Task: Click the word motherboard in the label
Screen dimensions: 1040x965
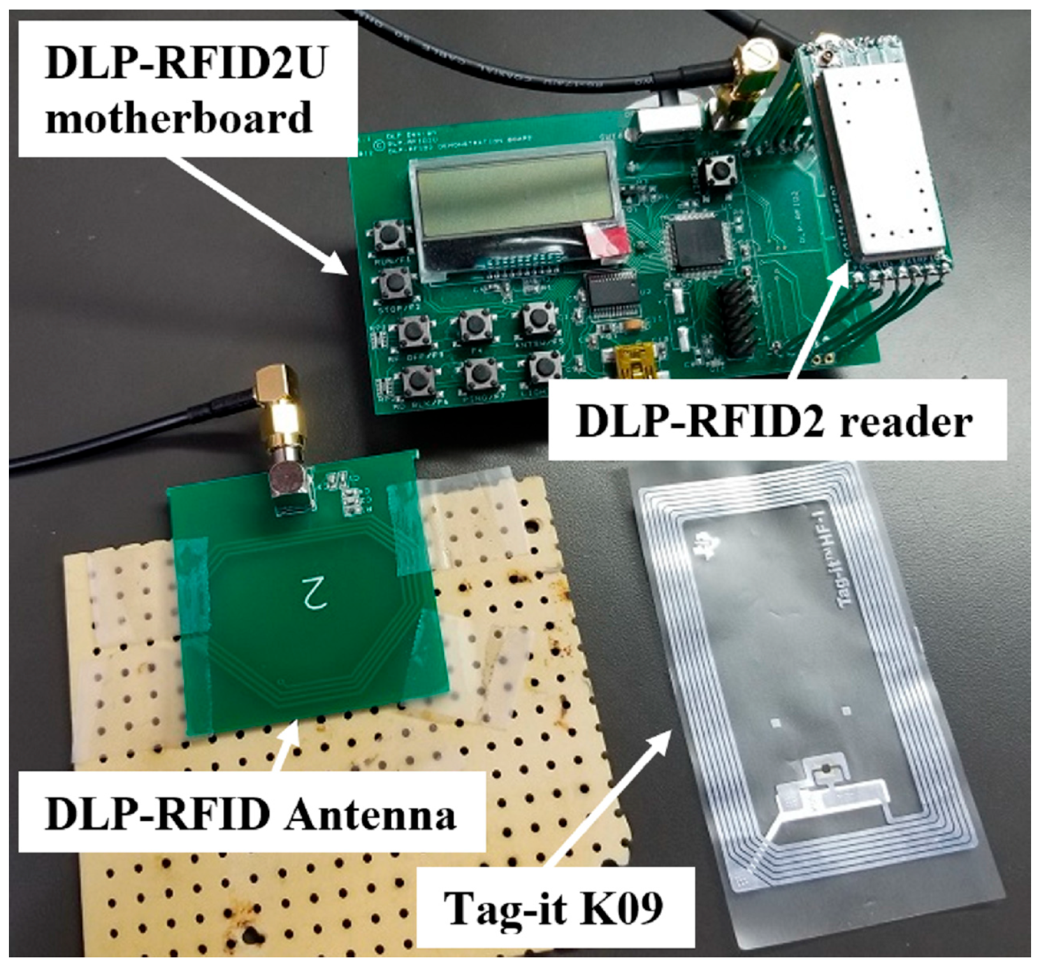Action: click(x=179, y=117)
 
